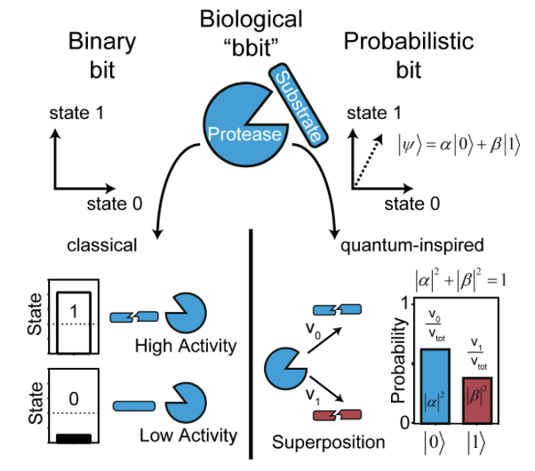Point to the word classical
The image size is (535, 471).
click(x=104, y=244)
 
